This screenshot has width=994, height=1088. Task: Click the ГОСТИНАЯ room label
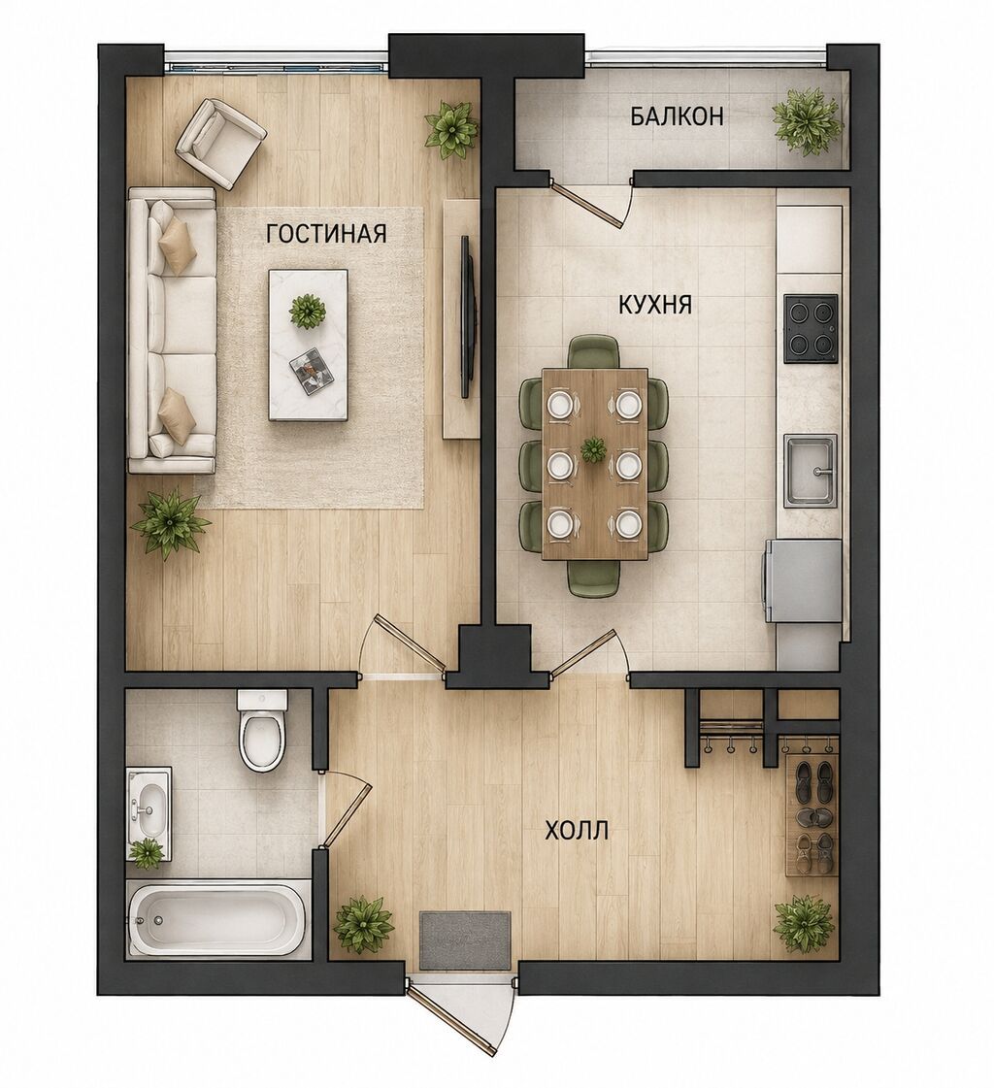tap(326, 234)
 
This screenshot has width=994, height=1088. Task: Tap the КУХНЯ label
tap(654, 305)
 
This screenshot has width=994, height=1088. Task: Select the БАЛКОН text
tap(677, 115)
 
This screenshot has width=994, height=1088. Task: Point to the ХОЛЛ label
tap(577, 830)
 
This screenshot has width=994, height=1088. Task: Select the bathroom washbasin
tap(149, 805)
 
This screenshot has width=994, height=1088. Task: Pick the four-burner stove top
tap(811, 329)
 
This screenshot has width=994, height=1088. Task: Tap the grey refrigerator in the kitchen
tap(803, 581)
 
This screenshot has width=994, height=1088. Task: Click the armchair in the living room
tap(220, 144)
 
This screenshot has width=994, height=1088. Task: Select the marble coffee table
tap(308, 345)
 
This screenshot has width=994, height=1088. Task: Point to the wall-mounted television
tap(468, 316)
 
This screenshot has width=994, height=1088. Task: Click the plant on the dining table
tap(593, 449)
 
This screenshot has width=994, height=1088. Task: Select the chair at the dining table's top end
tap(594, 352)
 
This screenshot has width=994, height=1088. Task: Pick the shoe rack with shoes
tap(812, 817)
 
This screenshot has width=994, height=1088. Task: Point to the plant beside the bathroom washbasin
tap(148, 854)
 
